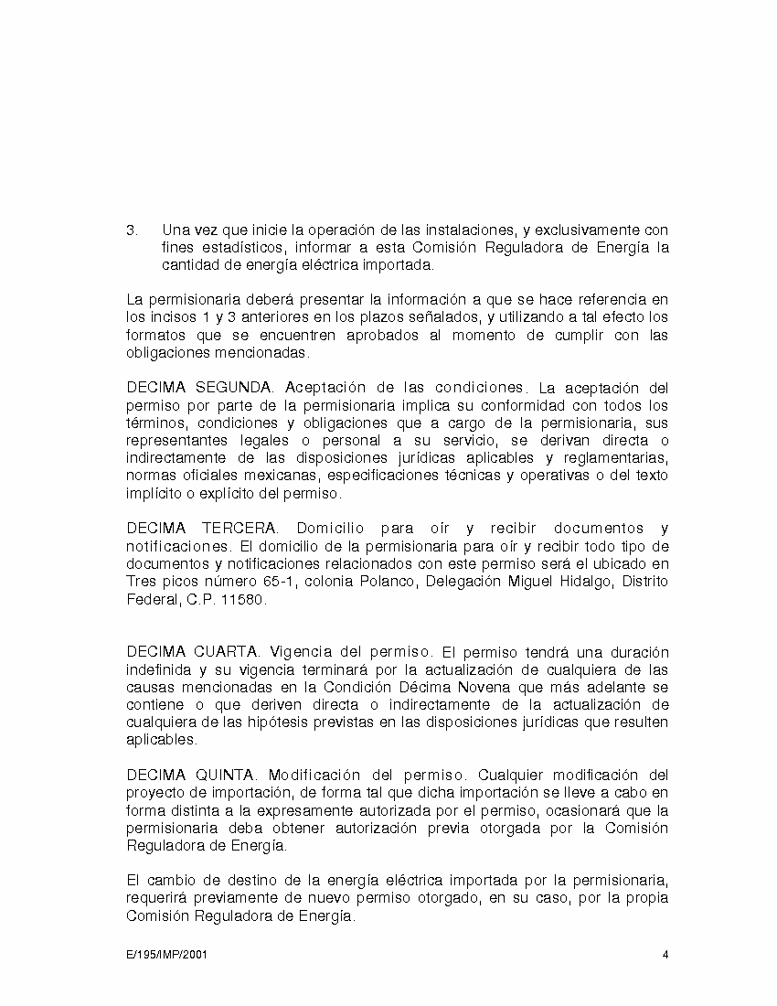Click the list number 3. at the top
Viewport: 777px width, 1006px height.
(x=132, y=230)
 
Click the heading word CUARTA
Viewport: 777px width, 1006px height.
(x=226, y=652)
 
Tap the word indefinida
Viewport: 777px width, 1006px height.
(x=157, y=669)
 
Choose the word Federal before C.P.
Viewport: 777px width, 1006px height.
(x=151, y=600)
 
